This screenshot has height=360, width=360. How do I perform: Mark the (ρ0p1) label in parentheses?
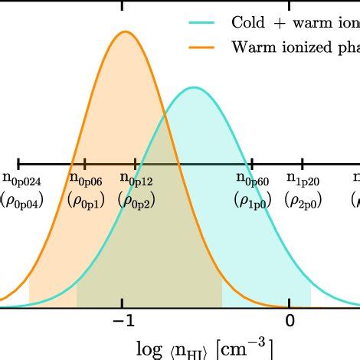pyautogui.click(x=84, y=200)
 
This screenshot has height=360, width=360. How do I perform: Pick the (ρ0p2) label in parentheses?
pyautogui.click(x=136, y=200)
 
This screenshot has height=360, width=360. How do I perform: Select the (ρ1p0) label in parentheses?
pyautogui.click(x=252, y=200)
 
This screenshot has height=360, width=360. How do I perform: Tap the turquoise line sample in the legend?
pyautogui.click(x=203, y=22)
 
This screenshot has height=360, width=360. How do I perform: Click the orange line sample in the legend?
pyautogui.click(x=203, y=47)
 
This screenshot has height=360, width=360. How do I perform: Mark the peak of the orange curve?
pyautogui.click(x=124, y=31)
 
